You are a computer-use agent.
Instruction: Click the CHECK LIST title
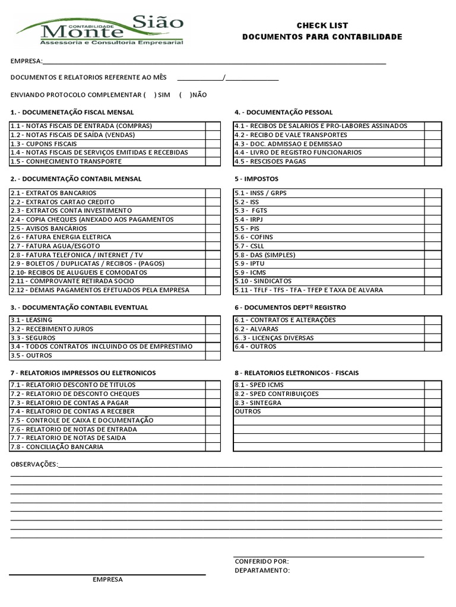[x=322, y=25]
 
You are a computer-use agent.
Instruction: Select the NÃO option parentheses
[x=185, y=95]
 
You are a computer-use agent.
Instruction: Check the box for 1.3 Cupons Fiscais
[x=213, y=143]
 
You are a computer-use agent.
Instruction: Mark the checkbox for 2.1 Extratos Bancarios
[x=213, y=193]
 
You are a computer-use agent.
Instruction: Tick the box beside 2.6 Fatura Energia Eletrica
[x=213, y=237]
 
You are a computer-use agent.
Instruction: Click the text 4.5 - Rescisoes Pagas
[x=270, y=161]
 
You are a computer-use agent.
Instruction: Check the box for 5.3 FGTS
[x=433, y=210]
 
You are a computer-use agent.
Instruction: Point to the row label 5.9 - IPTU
[x=249, y=263]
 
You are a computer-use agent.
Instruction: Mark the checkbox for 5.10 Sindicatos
[x=433, y=281]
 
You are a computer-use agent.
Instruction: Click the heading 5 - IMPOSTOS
[x=256, y=178]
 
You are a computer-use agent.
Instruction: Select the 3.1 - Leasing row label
[x=31, y=320]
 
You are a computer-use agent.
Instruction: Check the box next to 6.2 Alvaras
[x=433, y=329]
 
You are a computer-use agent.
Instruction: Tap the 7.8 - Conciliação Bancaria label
[x=56, y=447]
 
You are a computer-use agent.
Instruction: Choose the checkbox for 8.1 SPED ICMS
[x=433, y=385]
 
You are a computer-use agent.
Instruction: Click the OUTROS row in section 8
[x=248, y=411]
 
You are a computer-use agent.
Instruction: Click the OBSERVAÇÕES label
[x=34, y=464]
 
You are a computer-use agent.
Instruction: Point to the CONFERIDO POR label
[x=262, y=561]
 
